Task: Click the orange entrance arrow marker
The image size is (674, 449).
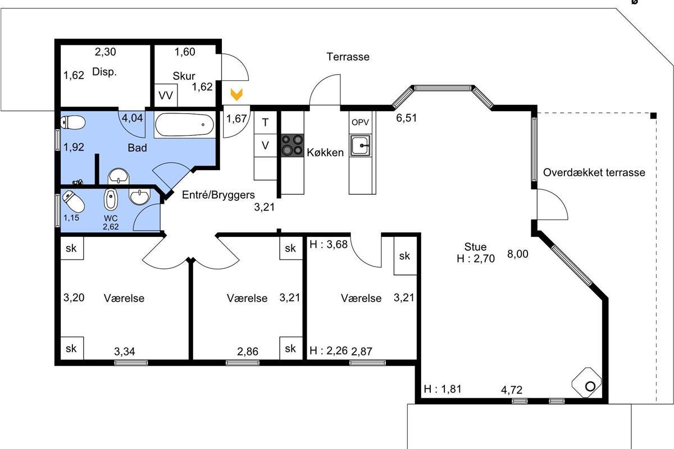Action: (x=236, y=94)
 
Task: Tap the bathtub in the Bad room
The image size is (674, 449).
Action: (x=184, y=125)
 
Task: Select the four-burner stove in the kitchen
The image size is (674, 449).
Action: (x=292, y=145)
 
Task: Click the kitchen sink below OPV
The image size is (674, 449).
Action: (x=360, y=145)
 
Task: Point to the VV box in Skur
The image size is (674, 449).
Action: (x=166, y=95)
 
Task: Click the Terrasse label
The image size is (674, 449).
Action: (x=348, y=57)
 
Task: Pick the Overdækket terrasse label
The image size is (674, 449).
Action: (x=594, y=172)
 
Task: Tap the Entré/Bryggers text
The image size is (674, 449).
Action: (x=218, y=195)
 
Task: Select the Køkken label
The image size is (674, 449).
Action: (x=325, y=153)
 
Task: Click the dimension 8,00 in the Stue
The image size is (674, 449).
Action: (x=517, y=254)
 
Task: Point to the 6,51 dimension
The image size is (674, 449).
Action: (x=406, y=118)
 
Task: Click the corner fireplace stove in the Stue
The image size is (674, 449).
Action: (x=586, y=383)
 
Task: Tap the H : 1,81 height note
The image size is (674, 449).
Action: (x=443, y=389)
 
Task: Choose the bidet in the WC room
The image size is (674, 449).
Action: (x=111, y=199)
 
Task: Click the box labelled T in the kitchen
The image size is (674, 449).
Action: (x=265, y=122)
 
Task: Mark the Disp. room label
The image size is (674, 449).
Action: (x=104, y=72)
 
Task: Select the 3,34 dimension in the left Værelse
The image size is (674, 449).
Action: (x=125, y=351)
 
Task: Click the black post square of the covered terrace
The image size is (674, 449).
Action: (x=653, y=116)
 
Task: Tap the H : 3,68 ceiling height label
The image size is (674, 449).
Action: (x=328, y=245)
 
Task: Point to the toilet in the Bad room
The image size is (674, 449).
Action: (x=73, y=123)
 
